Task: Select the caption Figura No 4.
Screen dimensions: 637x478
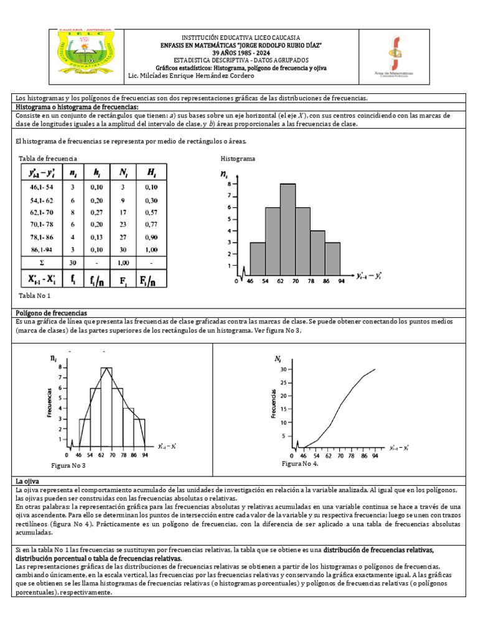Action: point(299,464)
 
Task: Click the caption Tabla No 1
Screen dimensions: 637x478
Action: point(35,295)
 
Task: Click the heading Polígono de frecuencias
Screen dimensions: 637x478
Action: point(50,312)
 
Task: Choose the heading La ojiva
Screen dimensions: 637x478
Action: point(27,482)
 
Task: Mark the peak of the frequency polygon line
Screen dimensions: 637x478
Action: point(106,368)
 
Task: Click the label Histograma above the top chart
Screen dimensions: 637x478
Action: point(238,159)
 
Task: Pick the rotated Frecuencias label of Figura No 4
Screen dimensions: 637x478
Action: point(274,402)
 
